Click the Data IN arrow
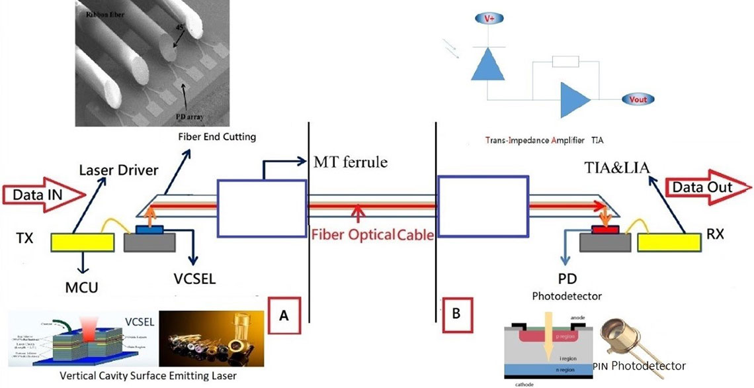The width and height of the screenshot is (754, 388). click(x=44, y=194)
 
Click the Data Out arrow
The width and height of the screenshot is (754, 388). click(x=707, y=187)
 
